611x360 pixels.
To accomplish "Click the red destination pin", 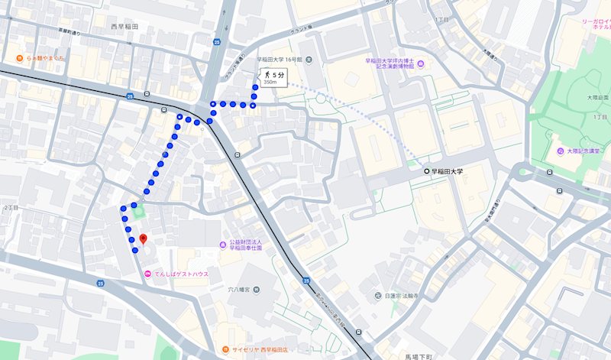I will tap(142, 238).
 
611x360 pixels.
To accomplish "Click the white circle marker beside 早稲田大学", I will tap(426, 172).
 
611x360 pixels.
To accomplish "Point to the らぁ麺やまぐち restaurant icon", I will tap(17, 58).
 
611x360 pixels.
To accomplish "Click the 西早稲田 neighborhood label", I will tap(124, 27).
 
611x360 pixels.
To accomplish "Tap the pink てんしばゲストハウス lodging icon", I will tap(148, 274).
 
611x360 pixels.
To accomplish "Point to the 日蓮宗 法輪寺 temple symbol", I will tap(377, 296).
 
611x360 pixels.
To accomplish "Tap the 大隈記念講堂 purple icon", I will tap(561, 151).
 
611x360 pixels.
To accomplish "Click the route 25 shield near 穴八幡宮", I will tap(306, 281).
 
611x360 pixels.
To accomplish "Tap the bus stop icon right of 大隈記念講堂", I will tap(561, 191).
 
